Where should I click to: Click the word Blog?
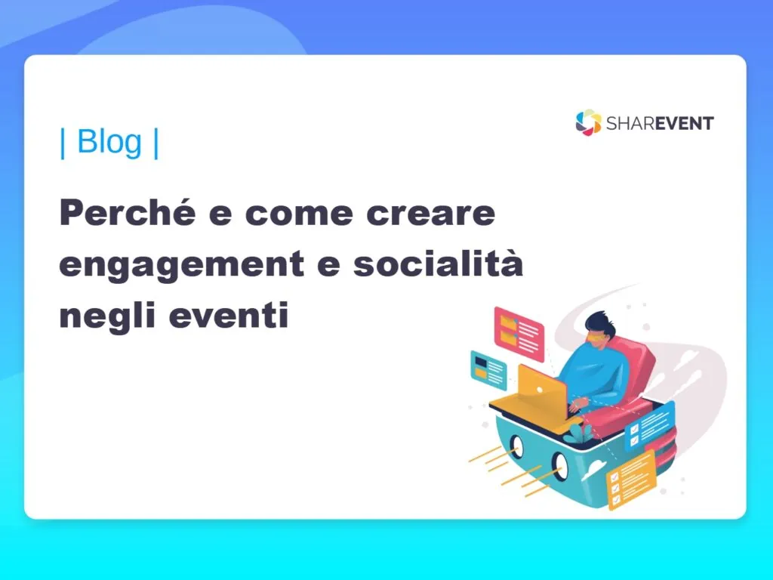[x=109, y=142]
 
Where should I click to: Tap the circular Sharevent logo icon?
[x=588, y=122]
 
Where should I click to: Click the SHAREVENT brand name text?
[x=660, y=123]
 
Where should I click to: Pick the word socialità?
[x=439, y=262]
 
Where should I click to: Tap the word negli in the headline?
[x=109, y=316]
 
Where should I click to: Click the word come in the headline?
[x=299, y=214]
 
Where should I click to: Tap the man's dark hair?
[x=600, y=322]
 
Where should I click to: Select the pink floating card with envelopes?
[x=519, y=333]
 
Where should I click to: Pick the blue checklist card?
[x=649, y=426]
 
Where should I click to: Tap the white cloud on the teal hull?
[x=593, y=469]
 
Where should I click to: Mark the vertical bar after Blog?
[x=156, y=143]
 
